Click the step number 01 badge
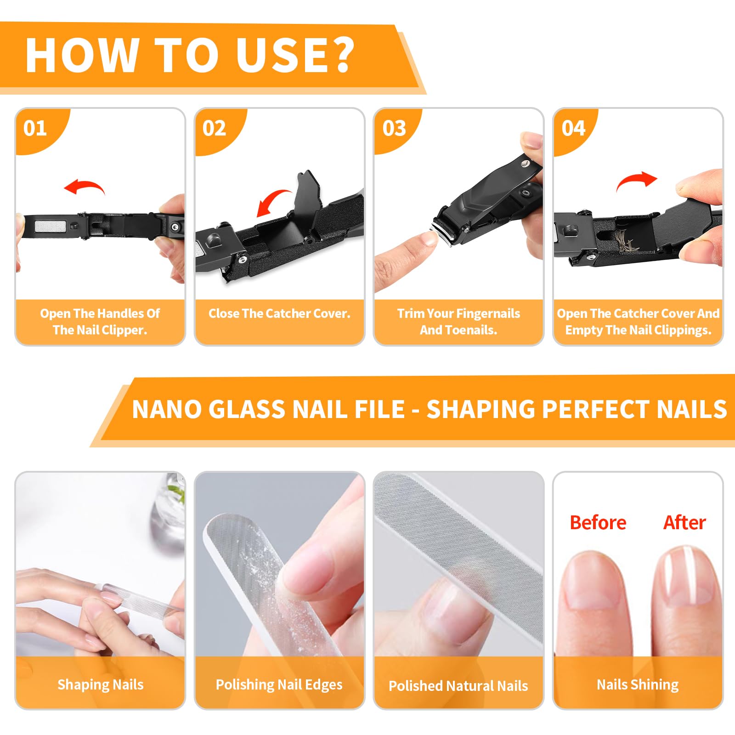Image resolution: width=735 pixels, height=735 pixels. [35, 128]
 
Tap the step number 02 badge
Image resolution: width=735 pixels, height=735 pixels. [215, 128]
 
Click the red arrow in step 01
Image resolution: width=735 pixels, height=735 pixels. [87, 184]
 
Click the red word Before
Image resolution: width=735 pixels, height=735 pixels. [598, 522]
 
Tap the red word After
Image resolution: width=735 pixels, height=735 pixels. [684, 522]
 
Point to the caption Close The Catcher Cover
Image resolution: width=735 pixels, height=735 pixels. [279, 313]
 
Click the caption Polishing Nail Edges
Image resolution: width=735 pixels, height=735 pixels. [279, 684]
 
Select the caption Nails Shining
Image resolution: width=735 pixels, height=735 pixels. [638, 684]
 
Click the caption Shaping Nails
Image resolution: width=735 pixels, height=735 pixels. [101, 684]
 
